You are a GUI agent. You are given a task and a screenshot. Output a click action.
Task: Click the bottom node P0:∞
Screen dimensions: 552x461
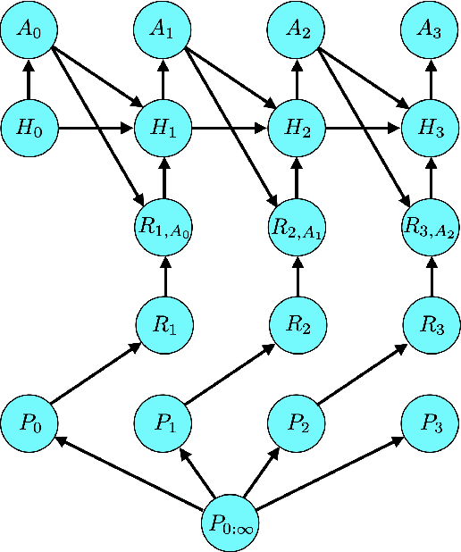click(230, 523)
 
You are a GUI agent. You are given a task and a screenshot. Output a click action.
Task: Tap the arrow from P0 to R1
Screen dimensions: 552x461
click(96, 373)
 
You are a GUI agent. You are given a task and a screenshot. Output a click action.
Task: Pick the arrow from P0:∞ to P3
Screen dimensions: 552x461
click(331, 473)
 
